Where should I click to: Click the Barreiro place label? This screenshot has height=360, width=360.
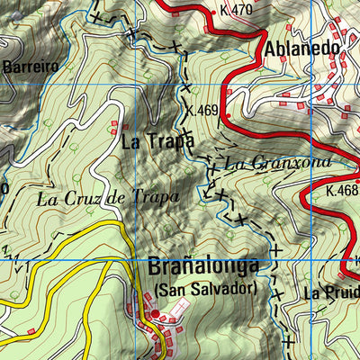(x=30, y=66)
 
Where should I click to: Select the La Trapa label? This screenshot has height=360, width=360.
(x=157, y=141)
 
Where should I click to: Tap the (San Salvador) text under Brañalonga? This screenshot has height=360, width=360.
(x=204, y=289)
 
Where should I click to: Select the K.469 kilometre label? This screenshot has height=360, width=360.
(x=203, y=112)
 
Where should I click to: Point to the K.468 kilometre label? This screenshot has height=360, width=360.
(x=342, y=190)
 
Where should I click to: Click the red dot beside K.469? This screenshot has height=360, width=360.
(x=228, y=116)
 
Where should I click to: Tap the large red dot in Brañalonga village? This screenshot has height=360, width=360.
(x=154, y=314)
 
